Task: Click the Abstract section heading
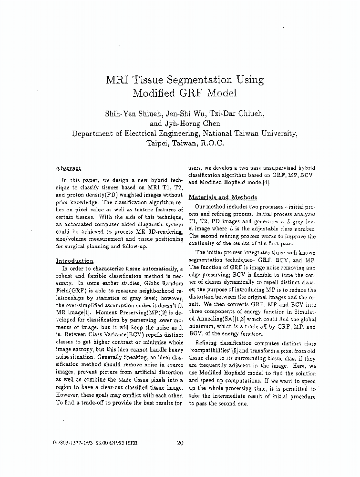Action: coord(68,168)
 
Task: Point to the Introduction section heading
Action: coord(74,261)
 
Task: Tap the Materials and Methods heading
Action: coord(223,197)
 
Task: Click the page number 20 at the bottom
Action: coord(180,443)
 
